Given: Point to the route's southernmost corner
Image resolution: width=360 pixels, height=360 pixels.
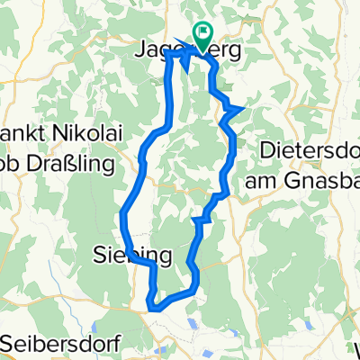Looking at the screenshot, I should [x=155, y=309].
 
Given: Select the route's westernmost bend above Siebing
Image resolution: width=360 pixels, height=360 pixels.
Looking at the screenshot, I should [x=121, y=214].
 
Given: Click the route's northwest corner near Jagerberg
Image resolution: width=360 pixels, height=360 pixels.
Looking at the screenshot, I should [x=166, y=54].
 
